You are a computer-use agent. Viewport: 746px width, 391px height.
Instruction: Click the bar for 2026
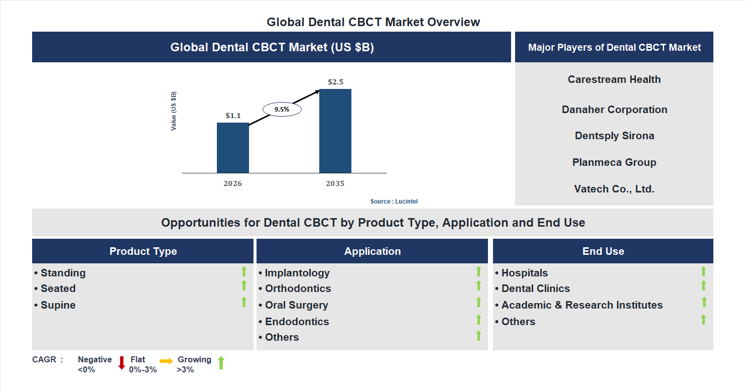click(232, 148)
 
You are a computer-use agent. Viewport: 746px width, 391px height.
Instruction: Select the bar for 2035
click(335, 131)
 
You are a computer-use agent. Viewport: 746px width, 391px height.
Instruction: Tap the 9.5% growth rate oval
click(282, 109)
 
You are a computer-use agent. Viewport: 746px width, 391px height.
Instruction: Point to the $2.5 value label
click(335, 82)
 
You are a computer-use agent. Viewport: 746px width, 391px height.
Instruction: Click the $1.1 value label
click(233, 116)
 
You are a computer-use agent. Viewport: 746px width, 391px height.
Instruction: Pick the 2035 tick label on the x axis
click(335, 184)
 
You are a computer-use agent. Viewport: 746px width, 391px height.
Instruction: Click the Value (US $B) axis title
click(174, 111)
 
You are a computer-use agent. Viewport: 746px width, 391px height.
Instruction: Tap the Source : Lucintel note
click(394, 202)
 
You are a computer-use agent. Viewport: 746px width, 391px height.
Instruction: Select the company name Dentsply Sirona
click(614, 136)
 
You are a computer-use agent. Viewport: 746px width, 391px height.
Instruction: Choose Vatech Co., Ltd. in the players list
click(614, 189)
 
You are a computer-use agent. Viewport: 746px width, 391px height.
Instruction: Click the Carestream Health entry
click(614, 79)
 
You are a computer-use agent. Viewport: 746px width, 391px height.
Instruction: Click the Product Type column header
click(143, 251)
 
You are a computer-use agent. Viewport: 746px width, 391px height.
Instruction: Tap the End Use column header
click(603, 251)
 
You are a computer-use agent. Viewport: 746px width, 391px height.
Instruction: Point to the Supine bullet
click(58, 305)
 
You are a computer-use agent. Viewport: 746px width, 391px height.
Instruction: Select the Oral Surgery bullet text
click(296, 305)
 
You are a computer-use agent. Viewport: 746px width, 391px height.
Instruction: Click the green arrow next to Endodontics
click(478, 320)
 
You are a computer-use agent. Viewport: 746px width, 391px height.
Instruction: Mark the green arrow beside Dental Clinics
click(703, 286)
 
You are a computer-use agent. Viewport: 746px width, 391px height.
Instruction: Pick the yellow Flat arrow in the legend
click(166, 361)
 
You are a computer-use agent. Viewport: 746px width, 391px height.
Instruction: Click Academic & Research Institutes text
click(582, 305)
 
